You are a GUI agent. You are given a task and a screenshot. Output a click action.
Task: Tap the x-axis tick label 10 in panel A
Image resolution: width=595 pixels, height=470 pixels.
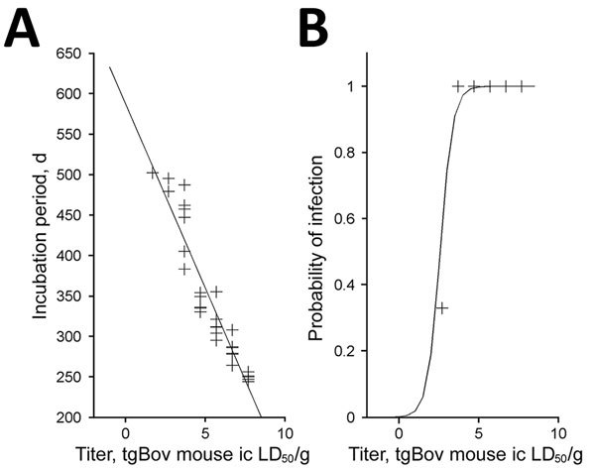[285, 434]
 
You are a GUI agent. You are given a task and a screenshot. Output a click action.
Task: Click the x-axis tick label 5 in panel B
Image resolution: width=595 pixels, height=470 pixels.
[479, 434]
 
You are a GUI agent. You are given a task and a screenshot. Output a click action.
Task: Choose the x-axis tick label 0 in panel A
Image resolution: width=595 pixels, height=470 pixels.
[126, 434]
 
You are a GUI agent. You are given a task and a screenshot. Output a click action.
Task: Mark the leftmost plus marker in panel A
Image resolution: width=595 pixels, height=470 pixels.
[153, 173]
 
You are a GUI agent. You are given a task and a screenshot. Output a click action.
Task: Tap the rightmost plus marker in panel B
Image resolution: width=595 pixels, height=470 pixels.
[521, 86]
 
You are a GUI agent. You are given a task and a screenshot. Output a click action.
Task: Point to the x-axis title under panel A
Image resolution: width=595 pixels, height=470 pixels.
[185, 457]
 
